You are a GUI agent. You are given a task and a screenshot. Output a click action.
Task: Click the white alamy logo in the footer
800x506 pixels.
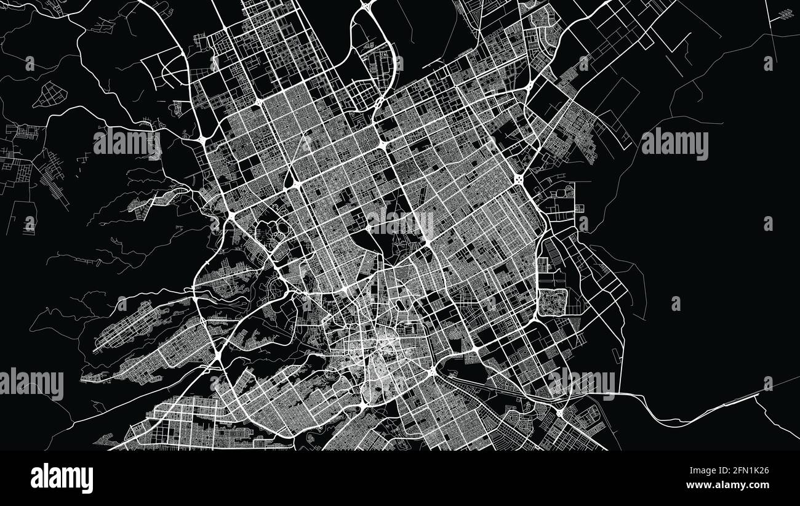coord(62,478)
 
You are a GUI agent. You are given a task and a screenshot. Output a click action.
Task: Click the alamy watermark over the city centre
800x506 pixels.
coord(400,223)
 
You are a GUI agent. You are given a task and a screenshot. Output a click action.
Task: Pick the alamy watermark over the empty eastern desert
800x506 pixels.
coord(674,144)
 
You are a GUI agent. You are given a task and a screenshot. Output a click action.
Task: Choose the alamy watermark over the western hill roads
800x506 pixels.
coord(127,143)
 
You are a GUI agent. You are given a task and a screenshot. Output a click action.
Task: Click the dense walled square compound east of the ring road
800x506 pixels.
coord(553,302)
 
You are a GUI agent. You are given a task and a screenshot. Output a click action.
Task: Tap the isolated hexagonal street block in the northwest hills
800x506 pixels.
coord(50,95)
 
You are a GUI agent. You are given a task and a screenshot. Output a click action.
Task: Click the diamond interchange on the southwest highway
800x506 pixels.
coord(218,355)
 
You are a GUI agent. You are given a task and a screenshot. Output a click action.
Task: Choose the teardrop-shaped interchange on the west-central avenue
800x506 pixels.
coord(289,180)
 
